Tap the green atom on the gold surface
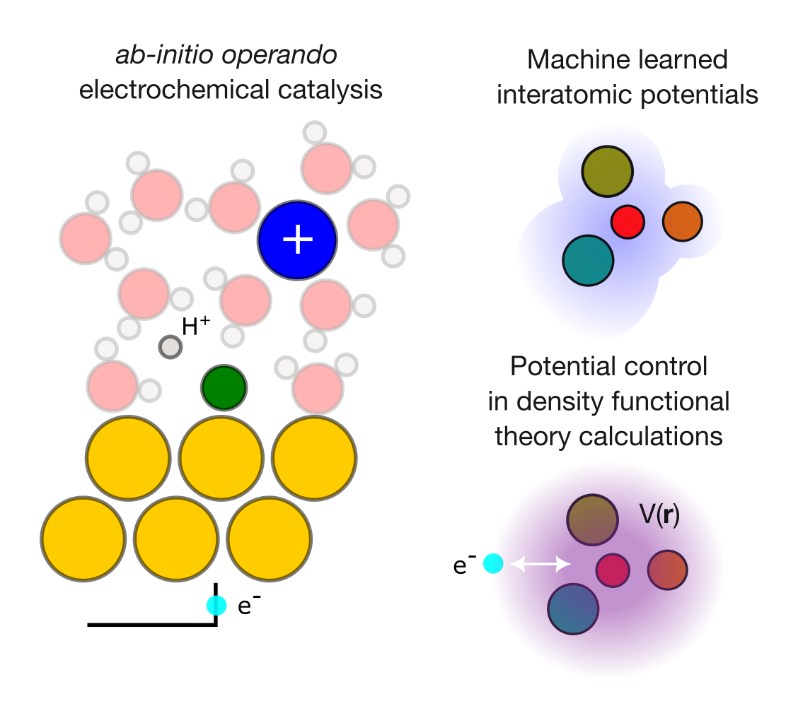(x=224, y=387)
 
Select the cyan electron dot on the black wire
(x=216, y=606)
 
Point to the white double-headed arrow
(x=540, y=563)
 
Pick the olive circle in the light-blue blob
(x=607, y=172)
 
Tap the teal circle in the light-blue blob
(x=588, y=261)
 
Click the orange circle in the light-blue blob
(x=682, y=221)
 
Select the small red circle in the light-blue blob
(x=628, y=221)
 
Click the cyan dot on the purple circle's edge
(x=493, y=564)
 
